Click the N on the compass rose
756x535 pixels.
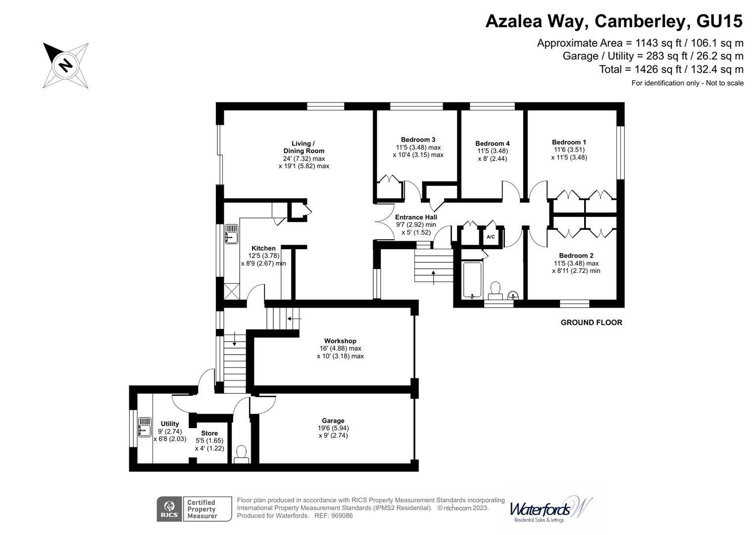coord(65,64)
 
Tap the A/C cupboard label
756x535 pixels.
coord(491,237)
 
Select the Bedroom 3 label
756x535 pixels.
coord(418,140)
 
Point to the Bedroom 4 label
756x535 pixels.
coord(493,144)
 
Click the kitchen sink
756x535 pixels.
coord(232,234)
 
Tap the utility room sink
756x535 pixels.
coord(145,427)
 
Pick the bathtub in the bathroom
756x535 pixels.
coord(472,280)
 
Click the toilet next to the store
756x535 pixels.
coord(241,455)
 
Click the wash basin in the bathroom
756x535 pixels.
coord(513,295)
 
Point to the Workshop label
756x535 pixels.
coord(340,341)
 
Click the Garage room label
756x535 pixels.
coord(333,421)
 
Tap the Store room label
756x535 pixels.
coord(209,433)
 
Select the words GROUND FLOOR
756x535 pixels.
coord(591,322)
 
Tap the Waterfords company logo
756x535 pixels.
coord(551,509)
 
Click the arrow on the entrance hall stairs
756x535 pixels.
coord(433,277)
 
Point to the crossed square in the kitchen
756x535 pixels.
coord(232,291)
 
